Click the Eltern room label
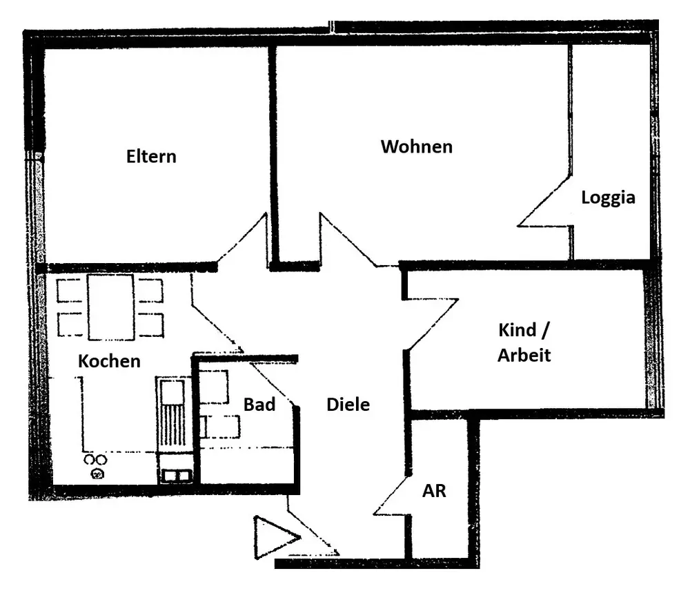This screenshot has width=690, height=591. [x=151, y=156]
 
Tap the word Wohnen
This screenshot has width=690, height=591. [x=417, y=146]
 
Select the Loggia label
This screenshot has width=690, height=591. [x=608, y=197]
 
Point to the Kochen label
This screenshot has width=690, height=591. [x=109, y=361]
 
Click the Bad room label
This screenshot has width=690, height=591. [x=259, y=405]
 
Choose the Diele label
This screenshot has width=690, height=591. [x=348, y=405]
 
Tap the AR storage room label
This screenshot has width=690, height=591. [x=434, y=491]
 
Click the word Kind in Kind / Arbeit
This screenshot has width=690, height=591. [x=517, y=330]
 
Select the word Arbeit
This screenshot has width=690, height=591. [x=524, y=356]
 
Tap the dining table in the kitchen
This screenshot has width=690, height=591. [x=110, y=307]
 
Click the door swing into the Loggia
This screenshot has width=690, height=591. [x=545, y=201]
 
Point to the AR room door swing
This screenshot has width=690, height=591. [x=392, y=496]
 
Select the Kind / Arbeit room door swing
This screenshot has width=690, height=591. [x=431, y=324]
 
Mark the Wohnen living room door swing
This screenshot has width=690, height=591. [x=348, y=240]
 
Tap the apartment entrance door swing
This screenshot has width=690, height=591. [x=313, y=525]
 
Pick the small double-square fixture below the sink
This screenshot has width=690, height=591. [x=177, y=476]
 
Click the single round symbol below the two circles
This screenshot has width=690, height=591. [x=97, y=474]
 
